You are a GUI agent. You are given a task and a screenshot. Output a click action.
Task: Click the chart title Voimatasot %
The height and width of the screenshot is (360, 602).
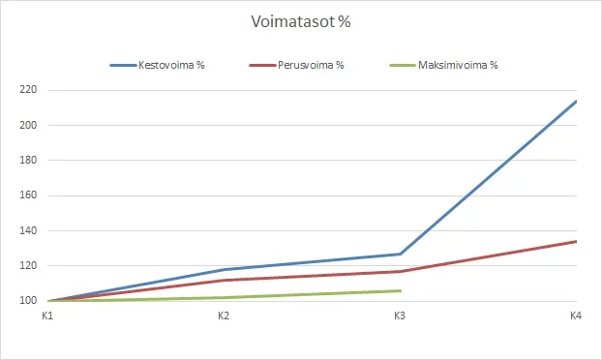(300, 20)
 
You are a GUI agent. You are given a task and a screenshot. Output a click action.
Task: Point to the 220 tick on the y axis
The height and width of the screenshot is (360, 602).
(27, 90)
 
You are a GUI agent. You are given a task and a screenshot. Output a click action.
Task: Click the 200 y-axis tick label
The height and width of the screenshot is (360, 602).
(27, 125)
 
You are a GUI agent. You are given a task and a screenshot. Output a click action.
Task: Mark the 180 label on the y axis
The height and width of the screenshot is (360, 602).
(27, 161)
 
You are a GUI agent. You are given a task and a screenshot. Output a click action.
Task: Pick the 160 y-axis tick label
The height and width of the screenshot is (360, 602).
(27, 195)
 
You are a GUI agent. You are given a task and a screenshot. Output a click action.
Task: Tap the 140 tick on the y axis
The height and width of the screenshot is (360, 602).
(27, 231)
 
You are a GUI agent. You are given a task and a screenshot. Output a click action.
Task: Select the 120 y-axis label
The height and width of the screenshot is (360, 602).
(27, 266)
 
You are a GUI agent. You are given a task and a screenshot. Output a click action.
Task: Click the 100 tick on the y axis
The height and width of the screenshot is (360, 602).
(27, 301)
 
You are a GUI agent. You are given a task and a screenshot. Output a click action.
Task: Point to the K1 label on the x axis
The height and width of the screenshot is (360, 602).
(47, 315)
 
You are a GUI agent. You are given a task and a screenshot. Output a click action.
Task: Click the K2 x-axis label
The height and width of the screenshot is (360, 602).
(224, 315)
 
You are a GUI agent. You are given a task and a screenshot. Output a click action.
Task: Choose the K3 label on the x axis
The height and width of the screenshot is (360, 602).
(400, 315)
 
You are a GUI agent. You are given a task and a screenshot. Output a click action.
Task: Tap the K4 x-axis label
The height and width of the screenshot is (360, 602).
(575, 315)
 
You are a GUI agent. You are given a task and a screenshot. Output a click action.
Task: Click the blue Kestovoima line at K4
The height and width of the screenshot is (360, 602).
(575, 101)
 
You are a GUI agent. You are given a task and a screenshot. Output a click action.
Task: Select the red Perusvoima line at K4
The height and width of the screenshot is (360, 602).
(575, 241)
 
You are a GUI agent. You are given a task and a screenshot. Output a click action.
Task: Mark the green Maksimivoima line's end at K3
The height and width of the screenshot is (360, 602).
(400, 290)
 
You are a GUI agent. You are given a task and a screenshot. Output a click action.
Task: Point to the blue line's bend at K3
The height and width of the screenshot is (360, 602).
(400, 254)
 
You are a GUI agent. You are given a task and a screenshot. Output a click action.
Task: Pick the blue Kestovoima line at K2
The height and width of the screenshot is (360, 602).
(224, 269)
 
